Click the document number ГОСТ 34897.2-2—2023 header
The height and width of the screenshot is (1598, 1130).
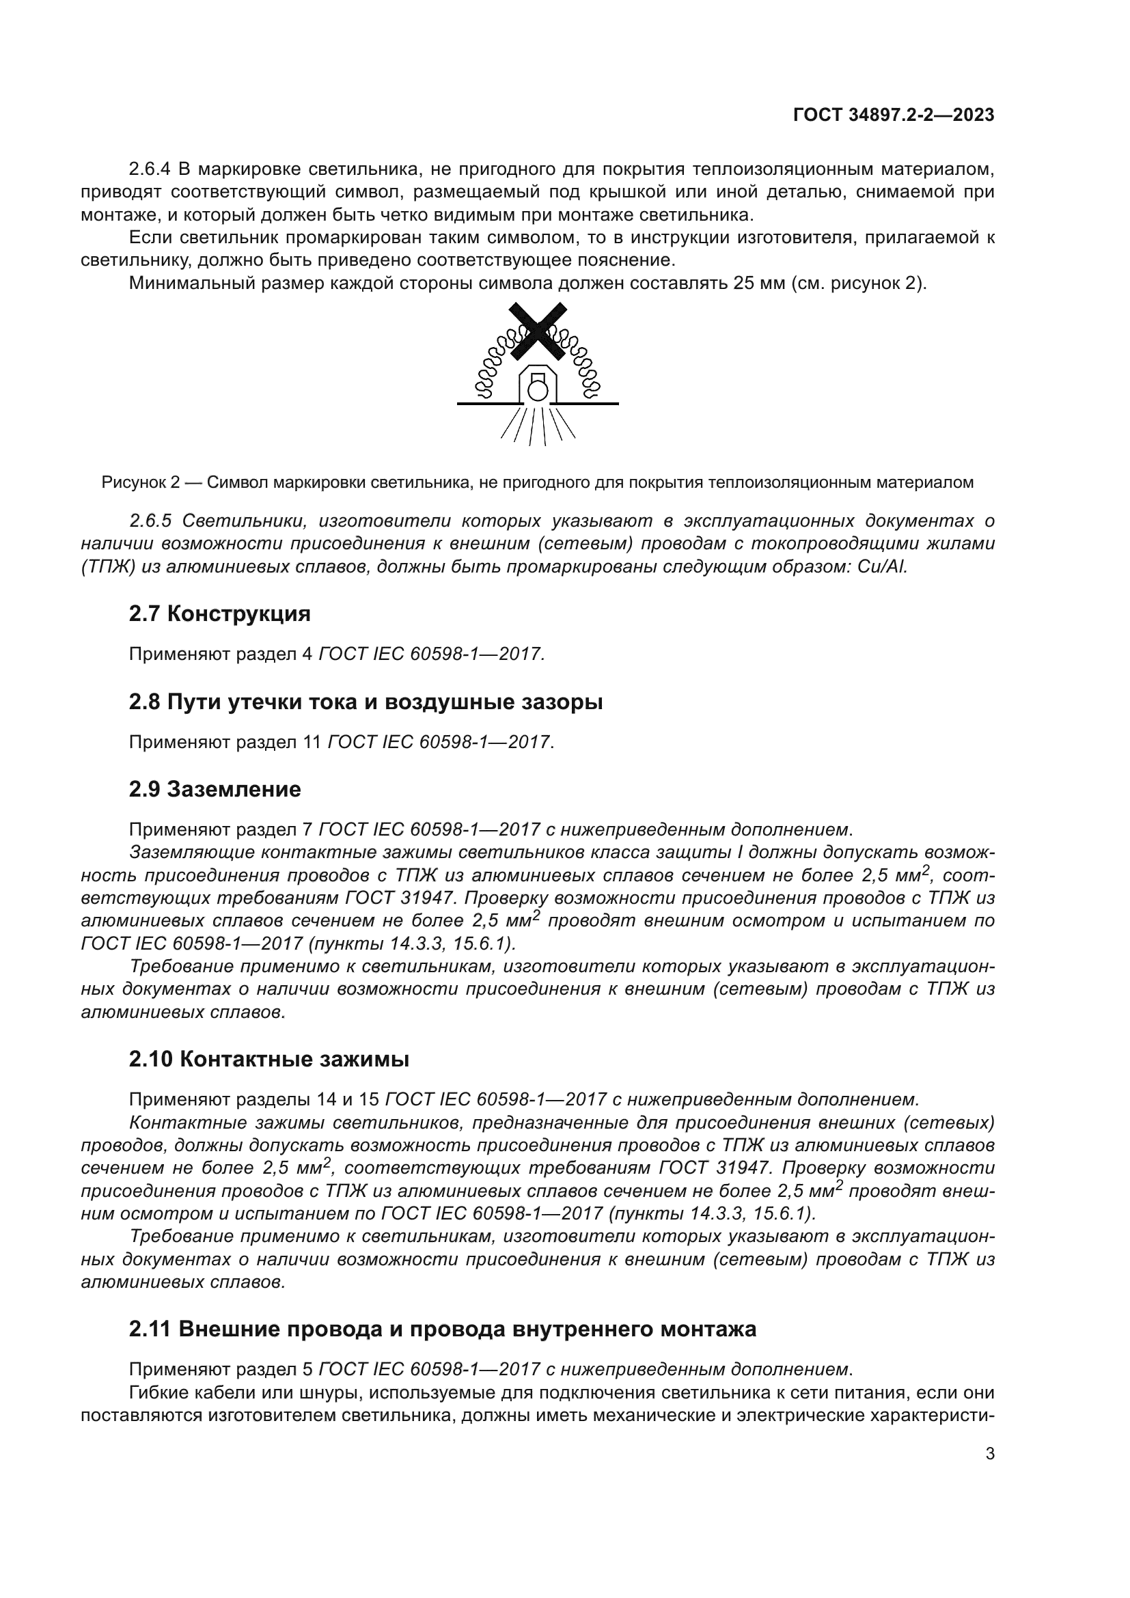click(x=894, y=115)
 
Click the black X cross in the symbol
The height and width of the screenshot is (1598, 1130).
click(x=537, y=331)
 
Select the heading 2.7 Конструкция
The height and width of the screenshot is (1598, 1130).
click(x=219, y=614)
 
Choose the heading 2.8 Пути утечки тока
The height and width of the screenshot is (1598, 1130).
click(x=366, y=702)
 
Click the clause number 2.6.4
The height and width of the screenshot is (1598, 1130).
click(x=150, y=169)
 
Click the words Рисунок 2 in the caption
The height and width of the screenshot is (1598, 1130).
click(x=141, y=482)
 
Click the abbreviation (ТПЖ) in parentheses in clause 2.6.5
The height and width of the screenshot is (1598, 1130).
click(x=108, y=566)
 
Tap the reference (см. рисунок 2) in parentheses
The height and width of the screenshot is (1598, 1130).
click(x=858, y=284)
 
